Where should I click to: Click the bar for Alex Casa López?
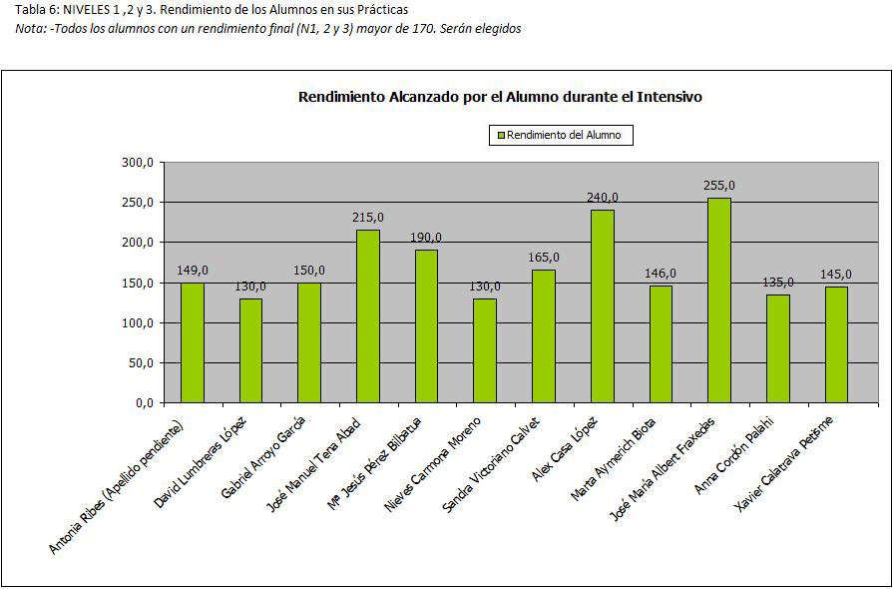[x=602, y=306]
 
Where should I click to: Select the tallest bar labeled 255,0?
[x=718, y=300]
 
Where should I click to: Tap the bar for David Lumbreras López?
[x=250, y=350]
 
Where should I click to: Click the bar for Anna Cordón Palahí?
[x=777, y=348]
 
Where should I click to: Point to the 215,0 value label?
[x=367, y=217]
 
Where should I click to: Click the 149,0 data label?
[x=193, y=270]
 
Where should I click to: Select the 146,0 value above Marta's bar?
[x=660, y=273]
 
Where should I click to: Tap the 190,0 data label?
[x=426, y=237]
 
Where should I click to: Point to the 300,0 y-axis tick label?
[x=137, y=163]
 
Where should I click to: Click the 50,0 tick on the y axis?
[x=140, y=363]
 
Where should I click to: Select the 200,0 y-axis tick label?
[x=137, y=243]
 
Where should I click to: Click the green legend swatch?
[x=500, y=135]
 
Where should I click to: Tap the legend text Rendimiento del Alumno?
[x=564, y=135]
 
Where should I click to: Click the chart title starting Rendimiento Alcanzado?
[x=501, y=97]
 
